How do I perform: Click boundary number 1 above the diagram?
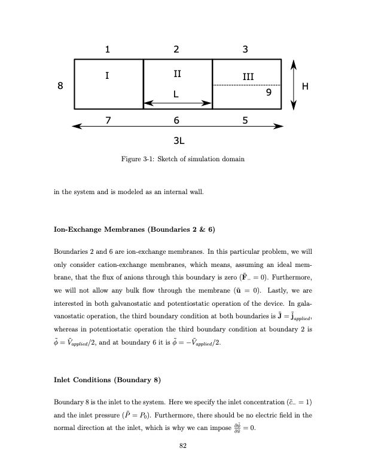point(107,50)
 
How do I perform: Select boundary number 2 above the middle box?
point(176,50)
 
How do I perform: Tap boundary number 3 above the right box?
point(245,50)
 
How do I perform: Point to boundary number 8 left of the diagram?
point(59,86)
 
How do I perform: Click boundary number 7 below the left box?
point(107,120)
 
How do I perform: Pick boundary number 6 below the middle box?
point(176,120)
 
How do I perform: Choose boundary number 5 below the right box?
point(245,120)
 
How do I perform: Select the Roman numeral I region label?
point(107,75)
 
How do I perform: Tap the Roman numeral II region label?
point(177,75)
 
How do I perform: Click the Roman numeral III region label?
point(248,77)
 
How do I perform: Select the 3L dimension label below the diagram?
point(178,142)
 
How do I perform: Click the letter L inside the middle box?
point(176,94)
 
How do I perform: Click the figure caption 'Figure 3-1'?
point(182,159)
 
